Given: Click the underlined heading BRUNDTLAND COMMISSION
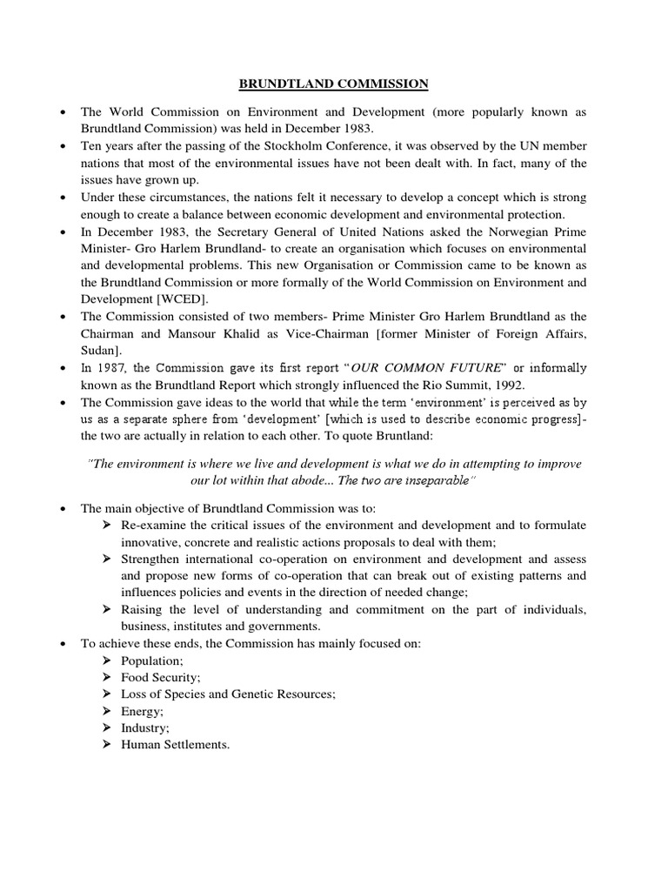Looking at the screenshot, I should [334, 84].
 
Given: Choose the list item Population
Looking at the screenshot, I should [146, 660].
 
